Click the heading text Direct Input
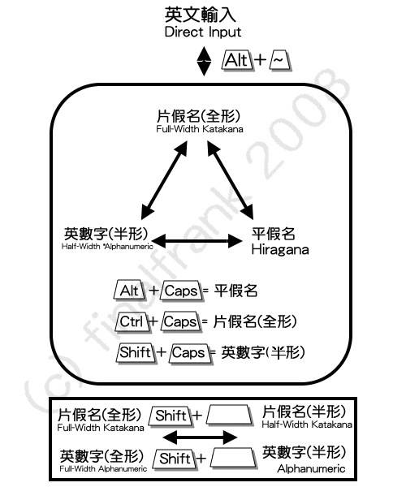point(203,32)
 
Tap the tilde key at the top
point(280,60)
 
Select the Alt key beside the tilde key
point(237,60)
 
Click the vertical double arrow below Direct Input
point(204,61)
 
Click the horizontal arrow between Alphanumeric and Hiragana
point(197,241)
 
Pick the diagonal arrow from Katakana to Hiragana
point(230,180)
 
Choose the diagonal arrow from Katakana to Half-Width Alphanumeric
point(164,180)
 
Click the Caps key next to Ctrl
point(181,321)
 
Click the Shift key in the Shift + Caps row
point(136,353)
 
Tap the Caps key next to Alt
point(181,291)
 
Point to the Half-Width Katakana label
point(307,417)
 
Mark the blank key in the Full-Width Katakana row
point(230,415)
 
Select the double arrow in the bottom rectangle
point(200,437)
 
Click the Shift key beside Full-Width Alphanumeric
point(175,459)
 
